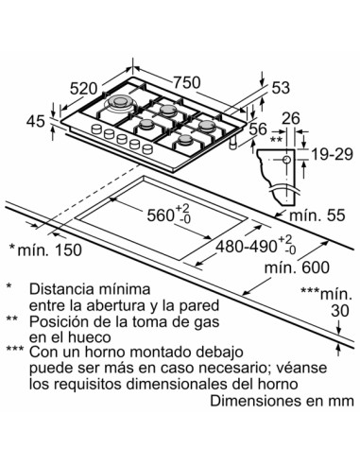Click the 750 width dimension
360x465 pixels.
[187, 83]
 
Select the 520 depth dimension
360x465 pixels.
[83, 89]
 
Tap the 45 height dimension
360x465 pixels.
[35, 121]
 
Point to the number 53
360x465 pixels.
[281, 88]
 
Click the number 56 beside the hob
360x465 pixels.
[258, 129]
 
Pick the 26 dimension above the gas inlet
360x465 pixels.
[291, 118]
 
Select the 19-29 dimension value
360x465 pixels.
[332, 154]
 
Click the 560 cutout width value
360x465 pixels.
[169, 215]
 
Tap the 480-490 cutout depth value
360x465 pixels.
[255, 246]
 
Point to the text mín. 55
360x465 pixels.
[317, 215]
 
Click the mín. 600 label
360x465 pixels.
[297, 267]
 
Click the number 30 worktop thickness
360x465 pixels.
[340, 311]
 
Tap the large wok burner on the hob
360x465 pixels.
[120, 102]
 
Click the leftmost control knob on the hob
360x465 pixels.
[96, 129]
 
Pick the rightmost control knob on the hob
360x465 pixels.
[147, 149]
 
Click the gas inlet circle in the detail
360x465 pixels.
[286, 160]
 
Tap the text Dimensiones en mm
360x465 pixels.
[282, 401]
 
